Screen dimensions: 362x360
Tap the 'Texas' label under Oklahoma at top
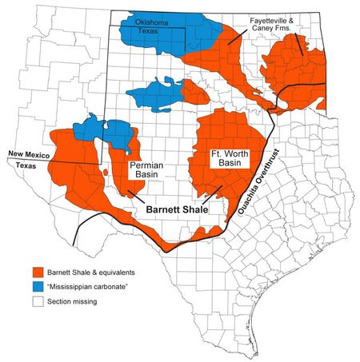157,30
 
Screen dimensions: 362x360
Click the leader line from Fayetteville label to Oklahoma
238,36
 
